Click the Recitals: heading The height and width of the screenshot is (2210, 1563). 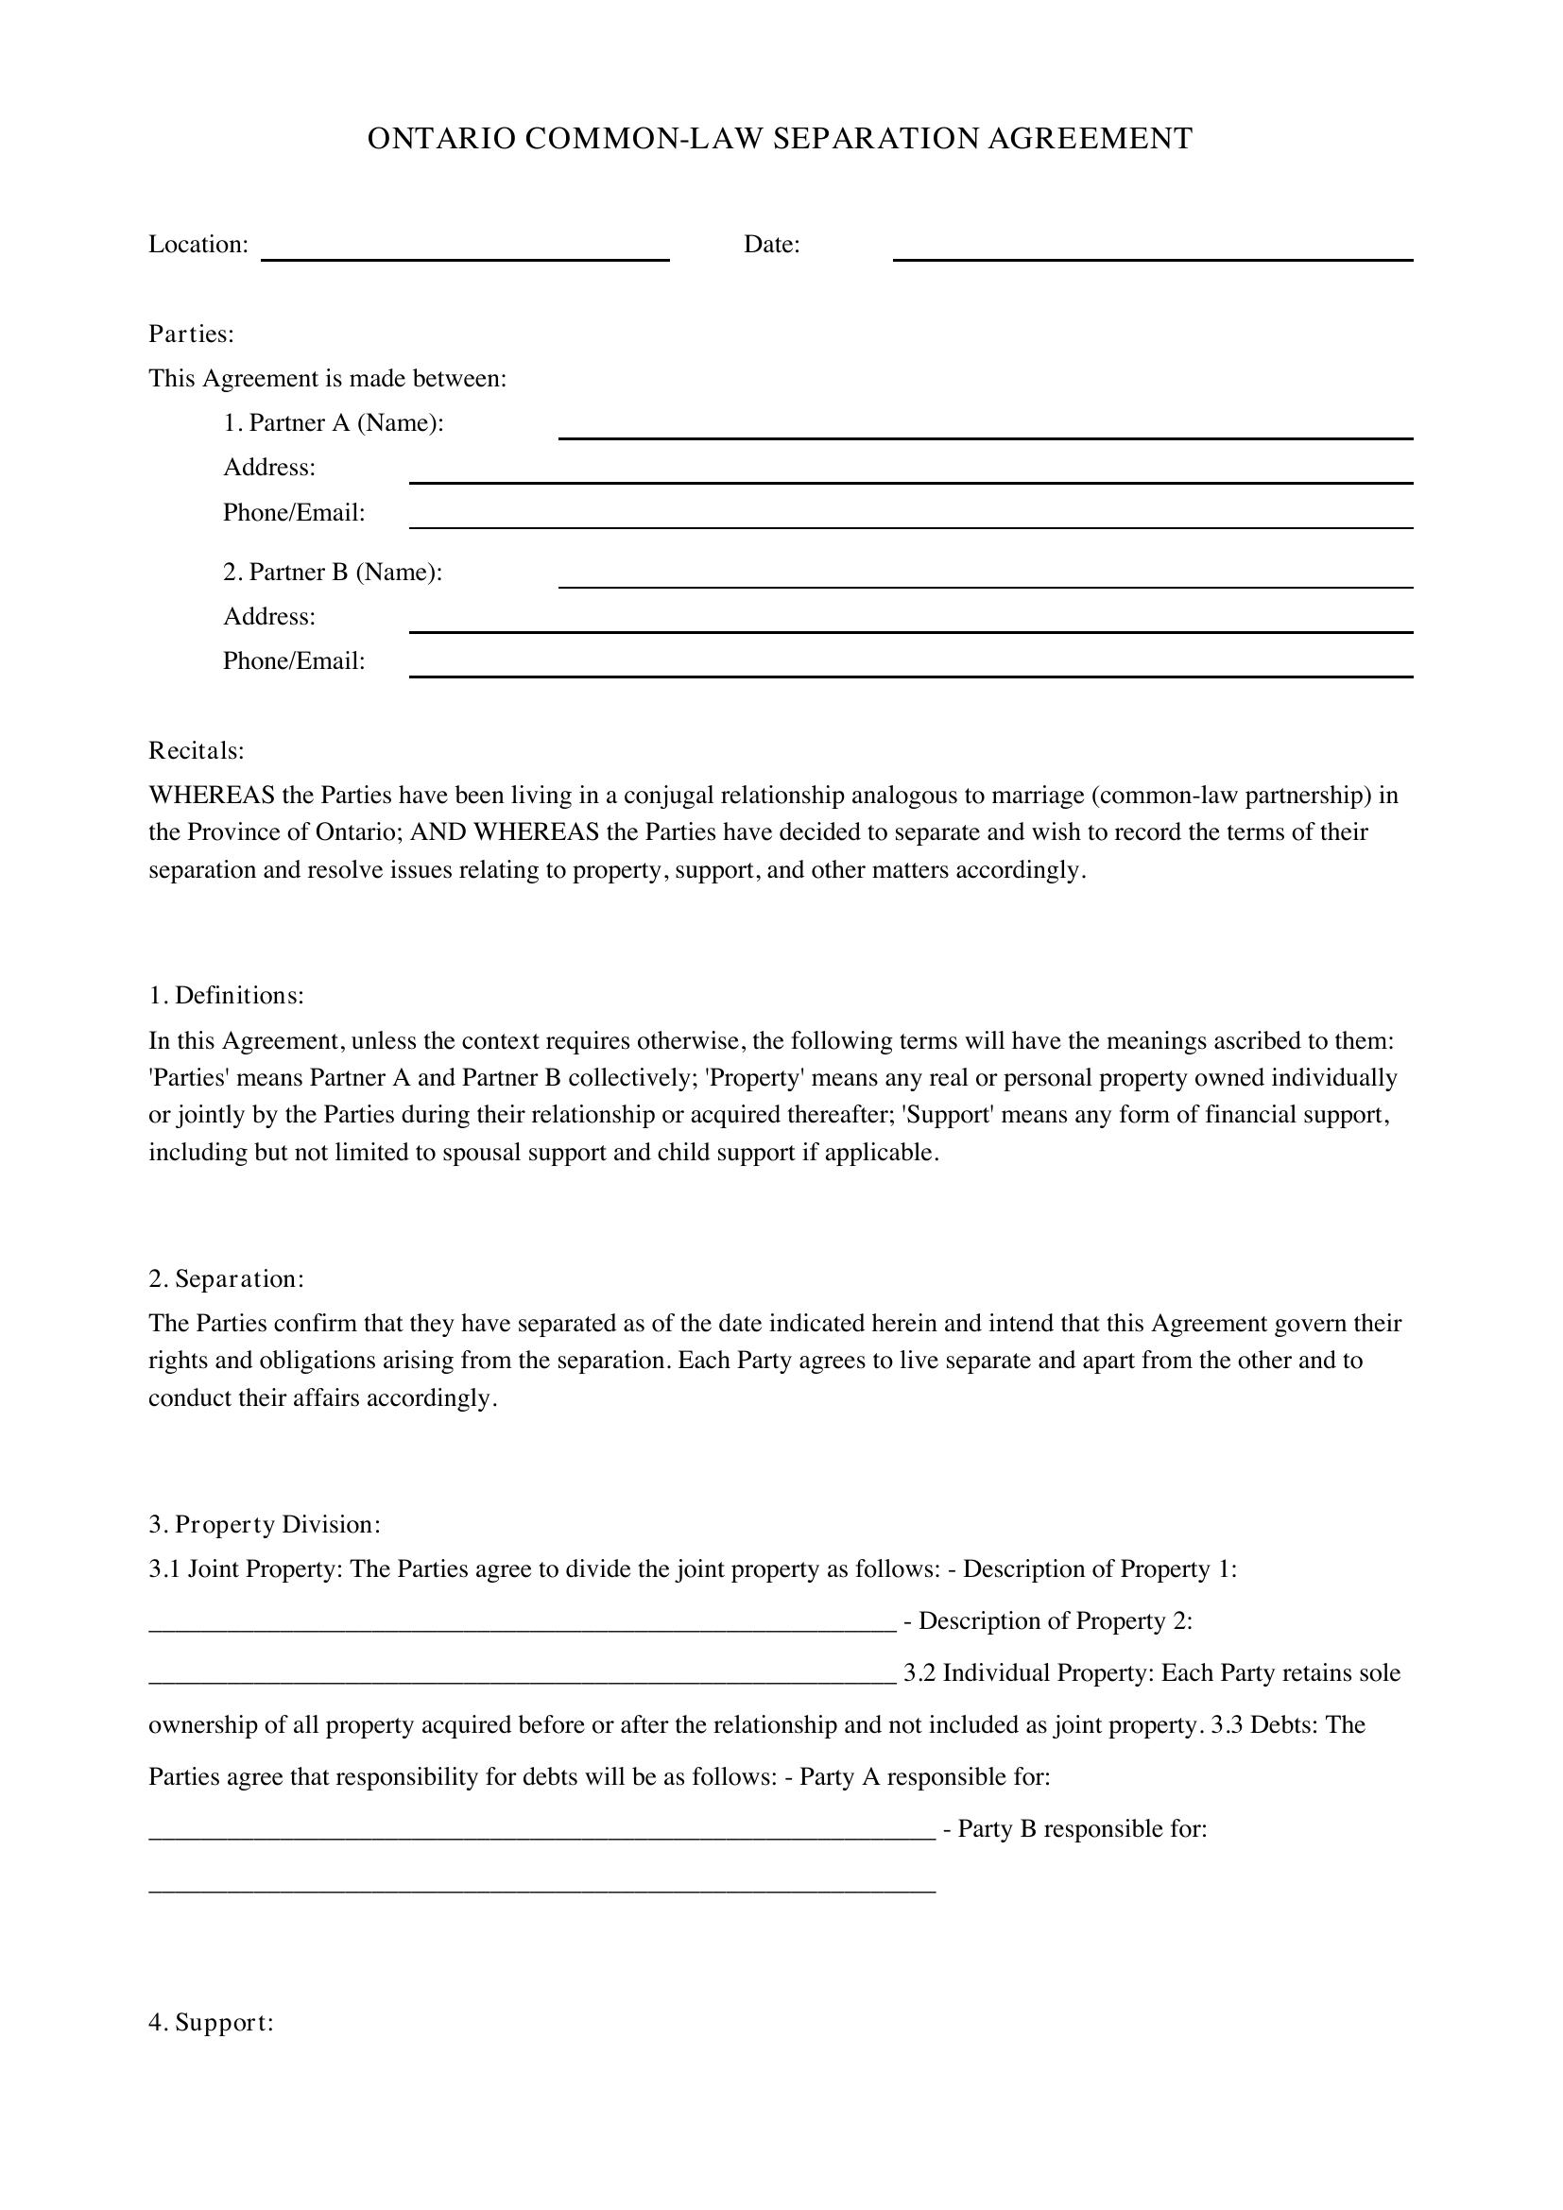coord(197,750)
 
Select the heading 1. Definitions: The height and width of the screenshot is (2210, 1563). coord(226,995)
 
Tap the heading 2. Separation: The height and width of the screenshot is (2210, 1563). coord(226,1279)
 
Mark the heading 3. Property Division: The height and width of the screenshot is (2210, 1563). coord(265,1525)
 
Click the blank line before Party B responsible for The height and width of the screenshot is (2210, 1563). coord(541,1836)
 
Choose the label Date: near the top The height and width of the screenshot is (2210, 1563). coord(772,245)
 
